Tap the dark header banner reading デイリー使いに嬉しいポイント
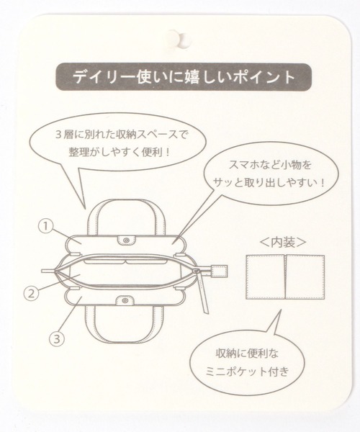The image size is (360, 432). (184, 77)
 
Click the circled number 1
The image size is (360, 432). (46, 227)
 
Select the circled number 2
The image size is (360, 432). (32, 294)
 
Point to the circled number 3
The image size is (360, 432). (57, 338)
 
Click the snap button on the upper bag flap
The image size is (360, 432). (127, 240)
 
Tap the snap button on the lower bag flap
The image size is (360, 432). (125, 300)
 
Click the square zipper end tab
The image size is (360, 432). (220, 271)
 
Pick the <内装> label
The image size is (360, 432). (283, 243)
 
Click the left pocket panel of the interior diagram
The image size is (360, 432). (265, 277)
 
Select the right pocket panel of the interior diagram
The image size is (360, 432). (305, 277)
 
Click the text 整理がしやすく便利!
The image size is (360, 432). (120, 152)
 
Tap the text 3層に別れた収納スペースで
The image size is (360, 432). (120, 135)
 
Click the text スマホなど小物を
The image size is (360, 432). (270, 165)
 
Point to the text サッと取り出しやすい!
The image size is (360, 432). (269, 182)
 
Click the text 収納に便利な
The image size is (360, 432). (247, 354)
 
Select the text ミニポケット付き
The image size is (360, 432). (248, 372)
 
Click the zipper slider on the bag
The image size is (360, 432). (197, 271)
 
